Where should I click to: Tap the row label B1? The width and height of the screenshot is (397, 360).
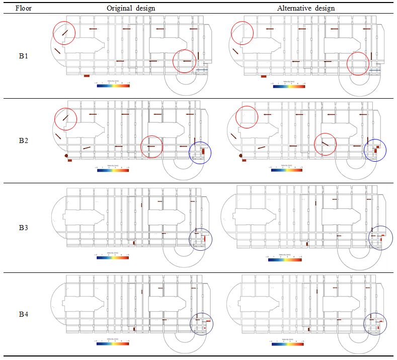coord(24,56)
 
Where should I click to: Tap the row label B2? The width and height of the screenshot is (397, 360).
coord(24,140)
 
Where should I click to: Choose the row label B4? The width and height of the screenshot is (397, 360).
coord(24,315)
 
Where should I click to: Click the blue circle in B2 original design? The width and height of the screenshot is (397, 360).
coord(200,152)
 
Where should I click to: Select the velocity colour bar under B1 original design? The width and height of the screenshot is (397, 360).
coord(113,86)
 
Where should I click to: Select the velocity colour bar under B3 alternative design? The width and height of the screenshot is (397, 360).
coord(285,260)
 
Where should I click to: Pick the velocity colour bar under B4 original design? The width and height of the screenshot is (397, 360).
coord(112,344)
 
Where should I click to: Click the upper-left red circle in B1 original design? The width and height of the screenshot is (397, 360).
coord(64,33)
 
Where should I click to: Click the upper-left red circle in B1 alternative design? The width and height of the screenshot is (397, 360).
coord(242,33)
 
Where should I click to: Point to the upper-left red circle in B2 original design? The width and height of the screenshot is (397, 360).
coord(65,119)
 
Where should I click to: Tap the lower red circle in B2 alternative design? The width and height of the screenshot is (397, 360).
coord(325,145)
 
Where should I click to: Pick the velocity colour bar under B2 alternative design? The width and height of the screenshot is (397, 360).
coord(287,170)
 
